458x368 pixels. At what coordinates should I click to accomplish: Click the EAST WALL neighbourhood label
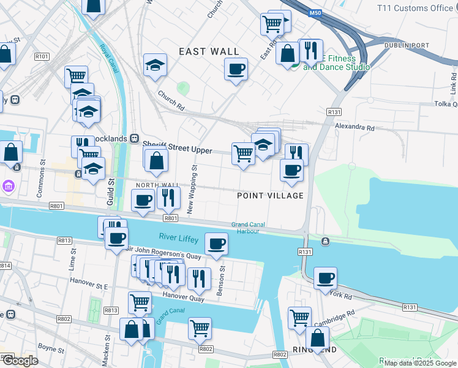click(x=209, y=52)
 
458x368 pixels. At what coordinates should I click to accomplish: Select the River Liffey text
click(x=179, y=237)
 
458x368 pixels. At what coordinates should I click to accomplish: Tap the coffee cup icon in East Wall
click(x=236, y=69)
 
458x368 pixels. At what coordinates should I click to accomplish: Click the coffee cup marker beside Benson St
click(x=216, y=244)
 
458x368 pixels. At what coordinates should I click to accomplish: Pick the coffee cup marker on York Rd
click(x=325, y=278)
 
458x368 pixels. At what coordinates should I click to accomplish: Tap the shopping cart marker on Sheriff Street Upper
click(x=243, y=153)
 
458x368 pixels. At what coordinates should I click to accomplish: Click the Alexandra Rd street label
click(x=354, y=128)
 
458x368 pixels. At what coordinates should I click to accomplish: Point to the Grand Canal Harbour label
click(x=249, y=228)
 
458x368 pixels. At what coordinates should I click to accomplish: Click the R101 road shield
click(x=42, y=56)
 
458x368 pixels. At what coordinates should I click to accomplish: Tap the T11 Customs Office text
click(x=415, y=8)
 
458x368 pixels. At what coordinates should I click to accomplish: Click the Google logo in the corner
click(x=20, y=361)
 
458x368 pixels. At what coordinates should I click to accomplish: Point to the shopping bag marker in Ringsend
click(x=317, y=338)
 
